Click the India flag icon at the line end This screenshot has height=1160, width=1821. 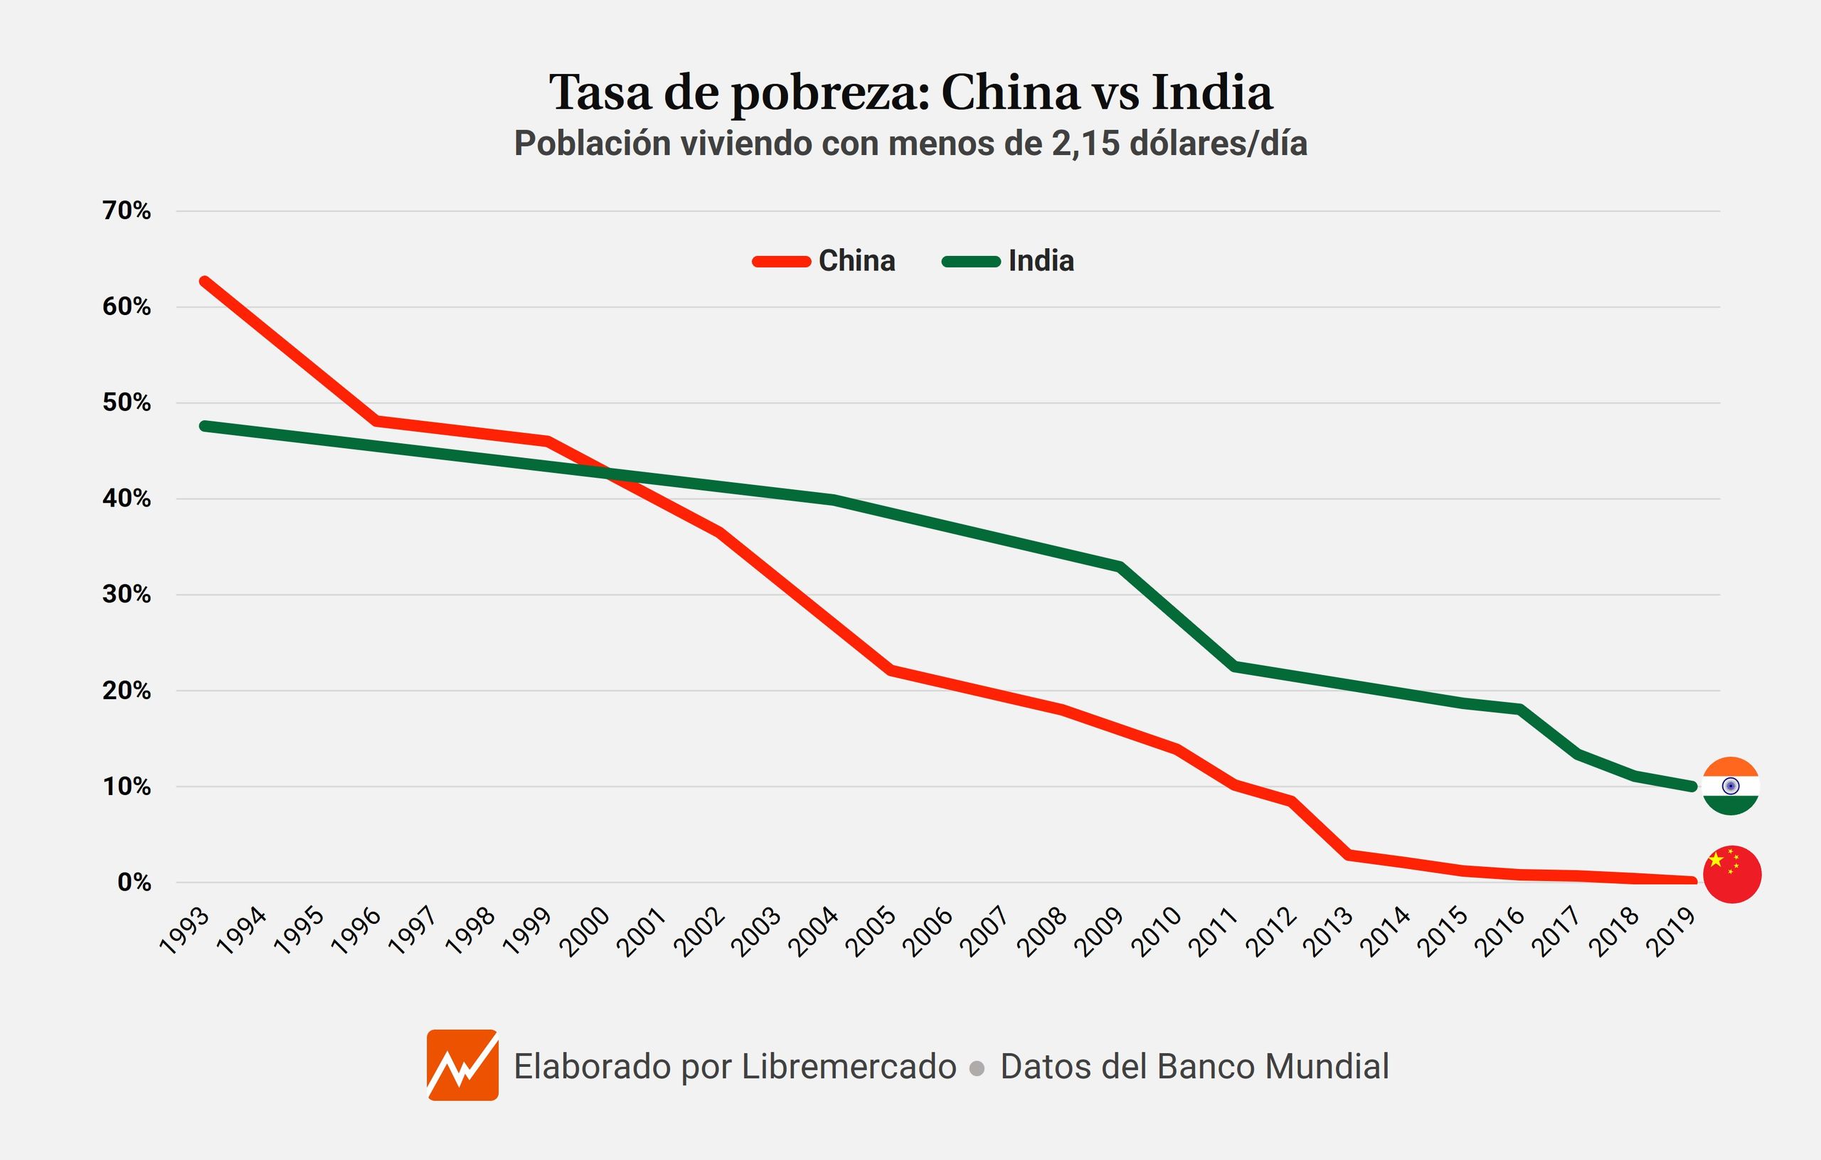pyautogui.click(x=1730, y=787)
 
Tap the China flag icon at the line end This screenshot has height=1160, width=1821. pyautogui.click(x=1732, y=873)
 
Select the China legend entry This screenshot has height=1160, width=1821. pyautogui.click(x=824, y=261)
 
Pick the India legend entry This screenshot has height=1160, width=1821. pyautogui.click(x=1009, y=261)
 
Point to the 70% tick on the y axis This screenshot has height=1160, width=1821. pyautogui.click(x=127, y=211)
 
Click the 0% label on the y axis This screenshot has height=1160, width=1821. pyautogui.click(x=134, y=883)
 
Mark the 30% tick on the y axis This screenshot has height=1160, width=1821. pyautogui.click(x=127, y=595)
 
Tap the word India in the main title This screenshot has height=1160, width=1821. pyautogui.click(x=1211, y=92)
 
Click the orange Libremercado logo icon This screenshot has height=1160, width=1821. pyautogui.click(x=462, y=1065)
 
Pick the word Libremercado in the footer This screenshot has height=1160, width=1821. pyautogui.click(x=849, y=1067)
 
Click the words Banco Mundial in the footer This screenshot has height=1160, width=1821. pyautogui.click(x=1273, y=1067)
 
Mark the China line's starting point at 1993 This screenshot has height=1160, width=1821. pyautogui.click(x=204, y=282)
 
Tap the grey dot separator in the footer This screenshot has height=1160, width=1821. pyautogui.click(x=977, y=1068)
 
